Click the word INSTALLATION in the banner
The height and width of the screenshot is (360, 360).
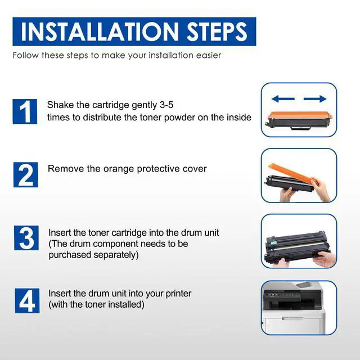pos(100,31)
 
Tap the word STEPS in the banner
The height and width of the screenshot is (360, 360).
pos(217,31)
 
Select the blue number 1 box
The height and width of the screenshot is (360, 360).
pos(25,111)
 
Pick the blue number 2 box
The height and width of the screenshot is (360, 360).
pos(25,175)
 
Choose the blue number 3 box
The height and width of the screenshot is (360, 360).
pos(26,238)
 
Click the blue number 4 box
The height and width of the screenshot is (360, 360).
pos(27,301)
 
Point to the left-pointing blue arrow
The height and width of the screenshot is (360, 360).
pos(283,99)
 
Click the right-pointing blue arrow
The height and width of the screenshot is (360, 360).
pos(315,99)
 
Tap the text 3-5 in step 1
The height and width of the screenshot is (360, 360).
pos(166,105)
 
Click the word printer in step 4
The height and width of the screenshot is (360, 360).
pos(178,294)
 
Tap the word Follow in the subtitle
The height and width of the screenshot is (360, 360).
pos(26,55)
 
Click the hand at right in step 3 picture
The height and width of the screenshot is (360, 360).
pos(325,259)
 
